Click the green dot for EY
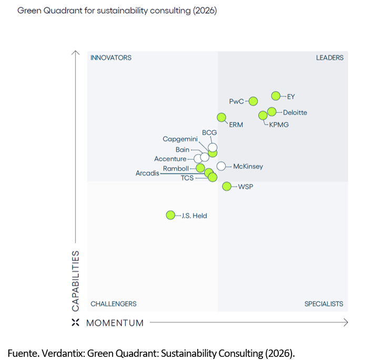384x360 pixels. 276,96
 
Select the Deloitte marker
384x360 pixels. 271,111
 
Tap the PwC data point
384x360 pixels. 253,101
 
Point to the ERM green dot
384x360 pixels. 222,117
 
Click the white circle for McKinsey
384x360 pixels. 221,166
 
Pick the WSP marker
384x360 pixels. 227,186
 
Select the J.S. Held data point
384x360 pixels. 170,215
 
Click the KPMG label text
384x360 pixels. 279,125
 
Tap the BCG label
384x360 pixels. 209,132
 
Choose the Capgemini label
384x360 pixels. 180,139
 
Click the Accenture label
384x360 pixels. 170,159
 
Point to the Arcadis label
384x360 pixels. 147,173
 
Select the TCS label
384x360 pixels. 187,178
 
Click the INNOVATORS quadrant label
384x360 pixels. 111,58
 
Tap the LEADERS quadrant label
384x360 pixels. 330,58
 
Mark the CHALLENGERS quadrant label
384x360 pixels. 114,304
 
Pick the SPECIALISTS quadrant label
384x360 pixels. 324,304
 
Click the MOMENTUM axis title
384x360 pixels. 115,323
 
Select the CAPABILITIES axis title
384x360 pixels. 76,280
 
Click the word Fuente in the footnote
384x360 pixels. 22,352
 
